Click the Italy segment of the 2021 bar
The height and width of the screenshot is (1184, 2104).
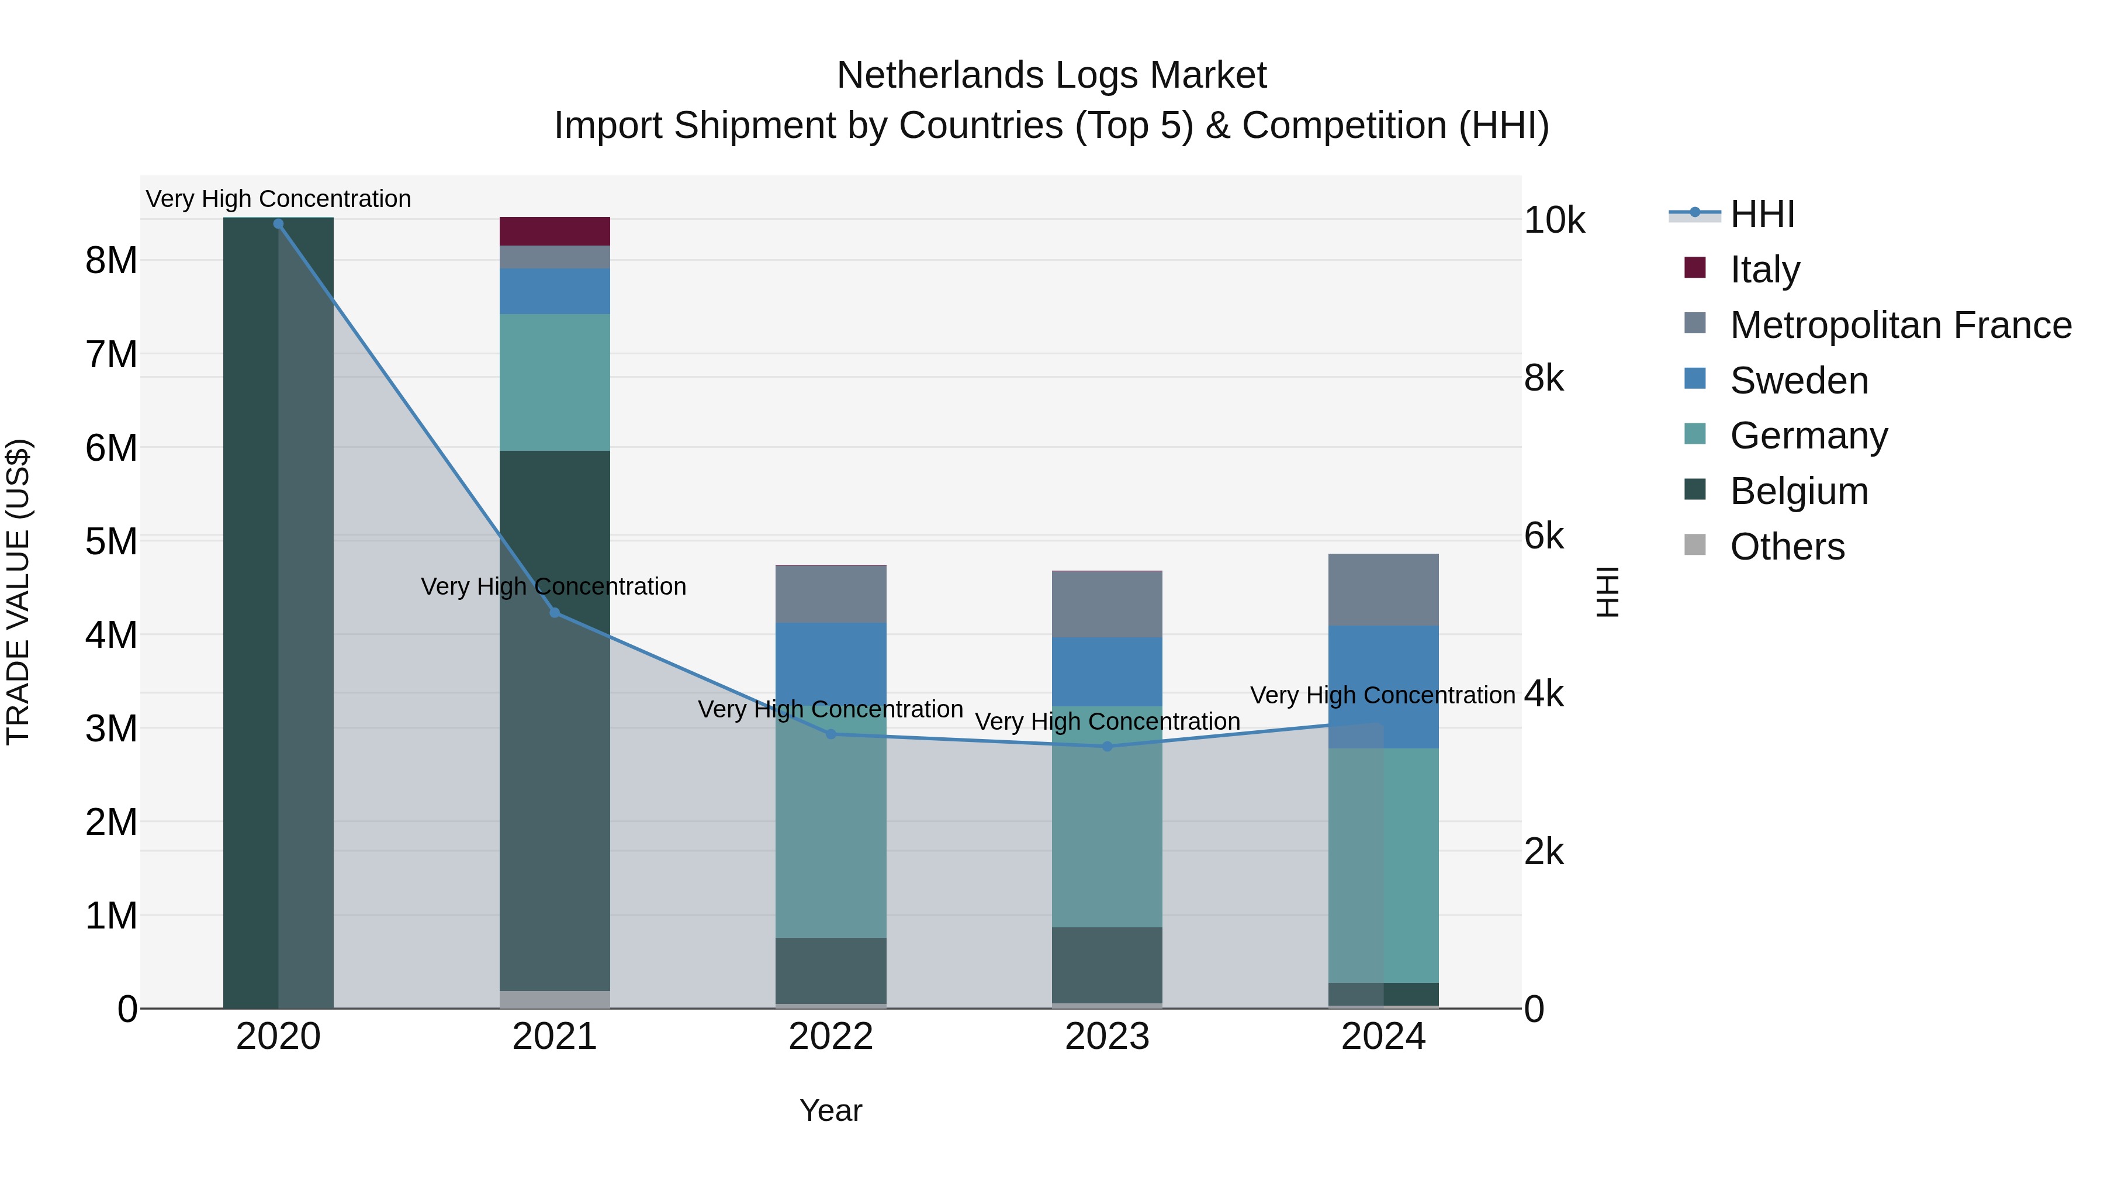(555, 231)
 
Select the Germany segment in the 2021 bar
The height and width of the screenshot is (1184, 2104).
(555, 382)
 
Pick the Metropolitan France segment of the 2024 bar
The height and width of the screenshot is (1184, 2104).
(1383, 589)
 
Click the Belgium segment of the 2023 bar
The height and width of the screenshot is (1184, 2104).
(1107, 964)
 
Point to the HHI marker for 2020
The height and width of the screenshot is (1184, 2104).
(279, 224)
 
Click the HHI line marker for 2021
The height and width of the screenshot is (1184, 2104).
(555, 612)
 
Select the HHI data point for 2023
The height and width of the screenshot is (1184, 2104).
(1107, 746)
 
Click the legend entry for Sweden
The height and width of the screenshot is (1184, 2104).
(1798, 381)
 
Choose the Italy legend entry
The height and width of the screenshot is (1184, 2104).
(1764, 270)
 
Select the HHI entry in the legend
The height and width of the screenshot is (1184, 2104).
(1762, 214)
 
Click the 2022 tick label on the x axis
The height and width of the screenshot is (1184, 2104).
(830, 1037)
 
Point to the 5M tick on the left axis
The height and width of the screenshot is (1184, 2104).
(111, 541)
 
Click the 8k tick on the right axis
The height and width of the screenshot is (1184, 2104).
(1543, 378)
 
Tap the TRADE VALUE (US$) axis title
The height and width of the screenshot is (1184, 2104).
(19, 592)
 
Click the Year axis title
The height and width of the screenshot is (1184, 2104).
(830, 1110)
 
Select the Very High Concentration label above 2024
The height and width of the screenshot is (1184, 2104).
(1382, 695)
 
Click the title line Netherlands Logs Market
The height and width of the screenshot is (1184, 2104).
(1051, 75)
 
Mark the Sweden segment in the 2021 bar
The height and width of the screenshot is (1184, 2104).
(555, 291)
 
